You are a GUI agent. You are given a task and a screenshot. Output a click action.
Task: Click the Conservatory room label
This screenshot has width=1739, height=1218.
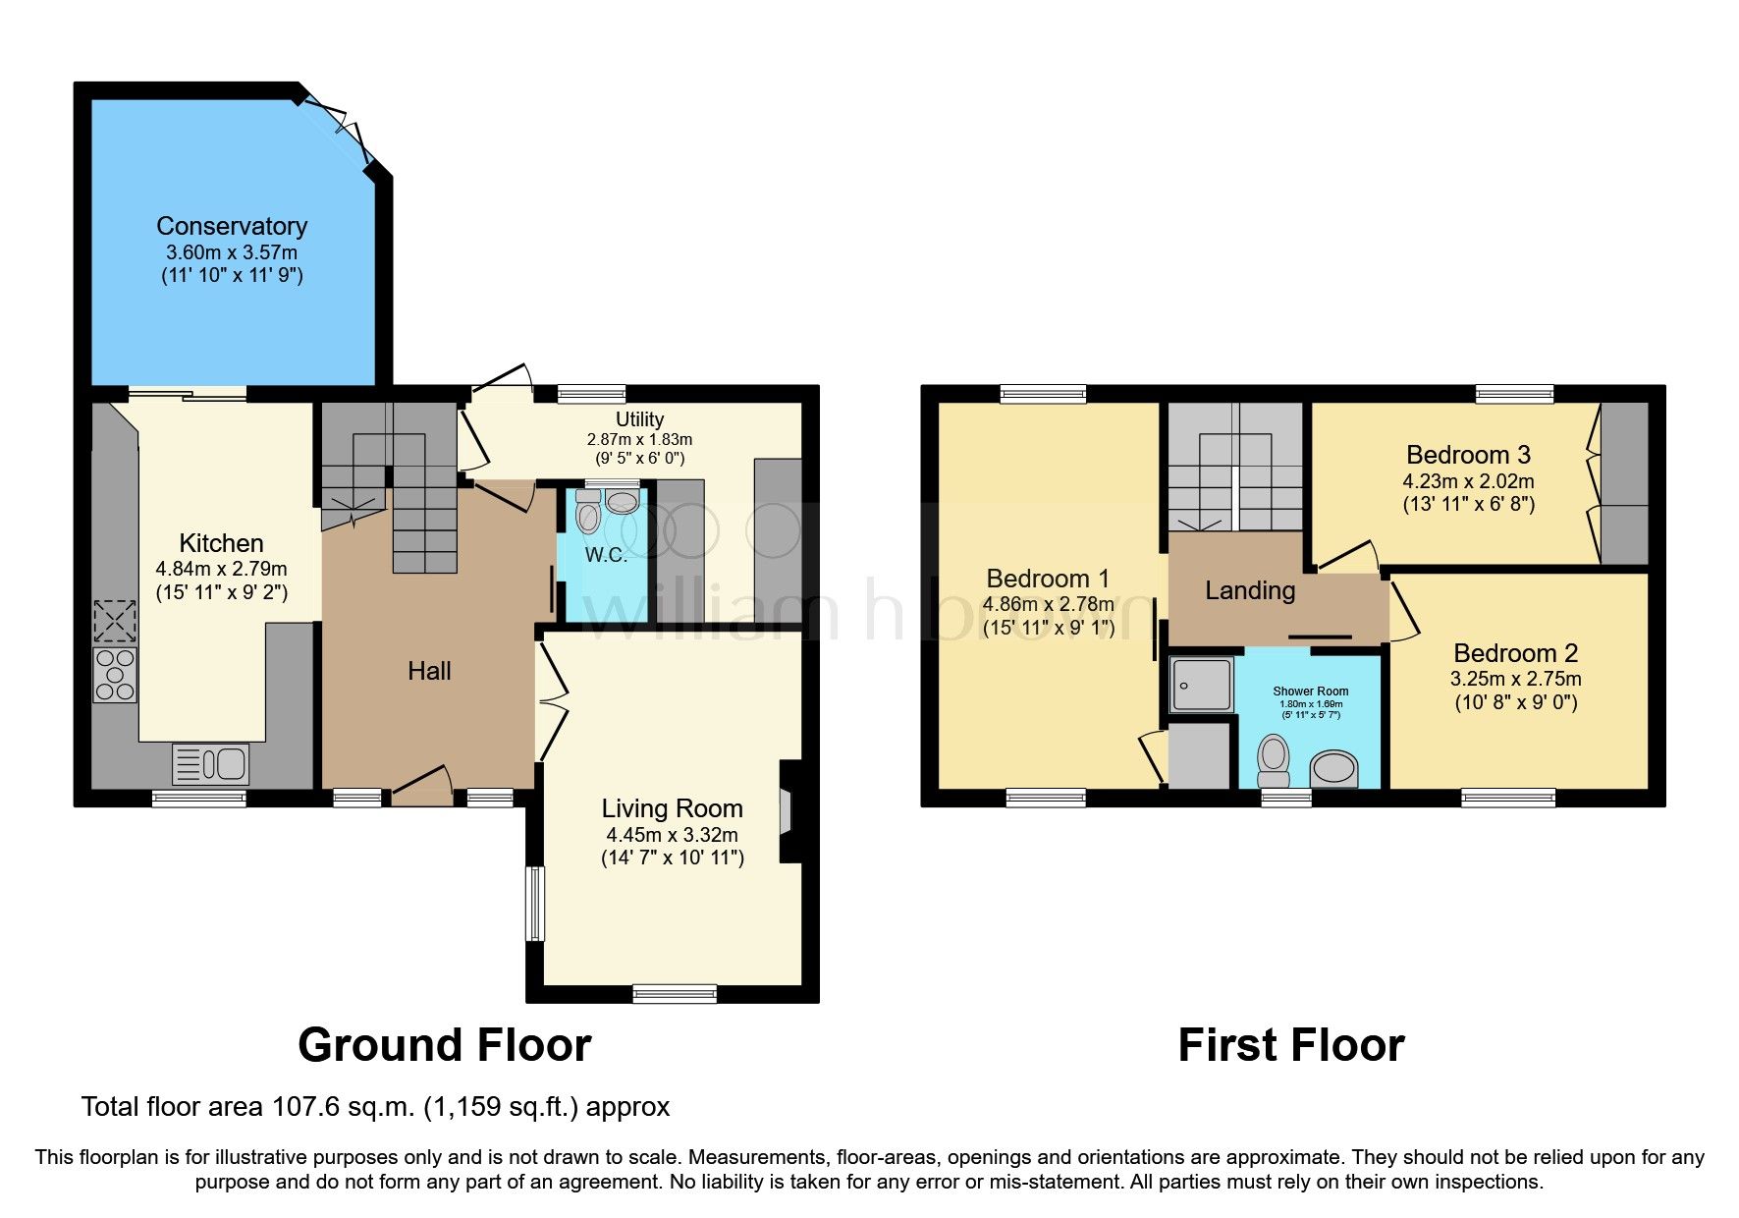pyautogui.click(x=232, y=226)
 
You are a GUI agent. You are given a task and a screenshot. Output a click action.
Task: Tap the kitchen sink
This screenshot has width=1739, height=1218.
pyautogui.click(x=210, y=764)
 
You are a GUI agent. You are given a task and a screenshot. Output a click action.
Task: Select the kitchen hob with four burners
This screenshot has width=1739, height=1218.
pyautogui.click(x=115, y=675)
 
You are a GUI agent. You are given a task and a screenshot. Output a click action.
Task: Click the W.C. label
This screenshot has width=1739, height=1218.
pyautogui.click(x=606, y=555)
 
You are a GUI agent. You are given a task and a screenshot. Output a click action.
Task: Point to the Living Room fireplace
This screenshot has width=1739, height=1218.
pyautogui.click(x=787, y=811)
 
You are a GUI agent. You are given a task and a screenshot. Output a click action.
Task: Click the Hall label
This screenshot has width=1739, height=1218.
pyautogui.click(x=429, y=671)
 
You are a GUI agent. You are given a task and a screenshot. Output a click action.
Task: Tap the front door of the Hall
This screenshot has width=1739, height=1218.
pyautogui.click(x=423, y=785)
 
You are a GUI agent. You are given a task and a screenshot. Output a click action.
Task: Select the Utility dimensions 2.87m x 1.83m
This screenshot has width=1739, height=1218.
pyautogui.click(x=639, y=439)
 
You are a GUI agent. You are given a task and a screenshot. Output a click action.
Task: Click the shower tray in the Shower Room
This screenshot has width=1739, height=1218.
pyautogui.click(x=1201, y=685)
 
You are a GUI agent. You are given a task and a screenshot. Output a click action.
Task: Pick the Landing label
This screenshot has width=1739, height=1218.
pyautogui.click(x=1250, y=590)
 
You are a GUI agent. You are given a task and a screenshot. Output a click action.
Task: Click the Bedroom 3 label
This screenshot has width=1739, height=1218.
pyautogui.click(x=1468, y=455)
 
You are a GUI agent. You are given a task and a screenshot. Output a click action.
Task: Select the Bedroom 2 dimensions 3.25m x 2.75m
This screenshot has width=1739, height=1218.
pyautogui.click(x=1515, y=679)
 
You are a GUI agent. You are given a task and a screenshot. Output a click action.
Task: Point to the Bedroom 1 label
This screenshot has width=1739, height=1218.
pyautogui.click(x=1048, y=579)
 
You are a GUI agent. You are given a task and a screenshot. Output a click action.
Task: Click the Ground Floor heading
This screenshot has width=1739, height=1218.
pyautogui.click(x=444, y=1045)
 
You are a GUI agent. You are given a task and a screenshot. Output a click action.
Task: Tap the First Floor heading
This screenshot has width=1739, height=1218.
pyautogui.click(x=1290, y=1045)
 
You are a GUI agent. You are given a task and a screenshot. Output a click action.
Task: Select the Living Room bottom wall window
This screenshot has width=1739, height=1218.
pyautogui.click(x=675, y=994)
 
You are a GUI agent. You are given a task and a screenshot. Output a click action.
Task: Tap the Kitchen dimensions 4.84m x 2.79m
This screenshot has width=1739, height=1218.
pyautogui.click(x=221, y=569)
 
